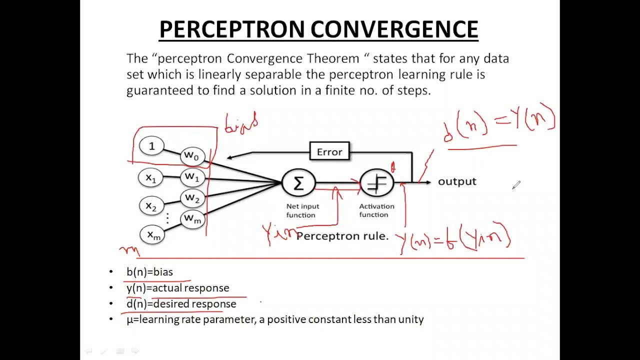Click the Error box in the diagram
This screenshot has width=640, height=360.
coord(329,152)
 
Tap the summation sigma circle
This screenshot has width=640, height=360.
coord(298,183)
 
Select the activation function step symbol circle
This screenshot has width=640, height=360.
coord(377,183)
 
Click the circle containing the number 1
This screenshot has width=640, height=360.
coord(151,146)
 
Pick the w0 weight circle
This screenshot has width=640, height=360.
coord(192,155)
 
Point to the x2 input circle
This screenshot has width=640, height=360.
coord(151,205)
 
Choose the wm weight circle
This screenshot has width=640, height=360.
coord(192,218)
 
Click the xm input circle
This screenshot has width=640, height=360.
coord(153,235)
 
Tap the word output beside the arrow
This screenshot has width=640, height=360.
coord(457,181)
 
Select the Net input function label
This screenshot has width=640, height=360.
coord(302,210)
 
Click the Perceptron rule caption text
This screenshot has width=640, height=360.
coord(342,236)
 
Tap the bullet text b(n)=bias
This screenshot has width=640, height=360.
coord(149,272)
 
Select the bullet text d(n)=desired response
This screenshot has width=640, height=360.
coord(181,303)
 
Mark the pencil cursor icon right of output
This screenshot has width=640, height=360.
coord(516,185)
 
